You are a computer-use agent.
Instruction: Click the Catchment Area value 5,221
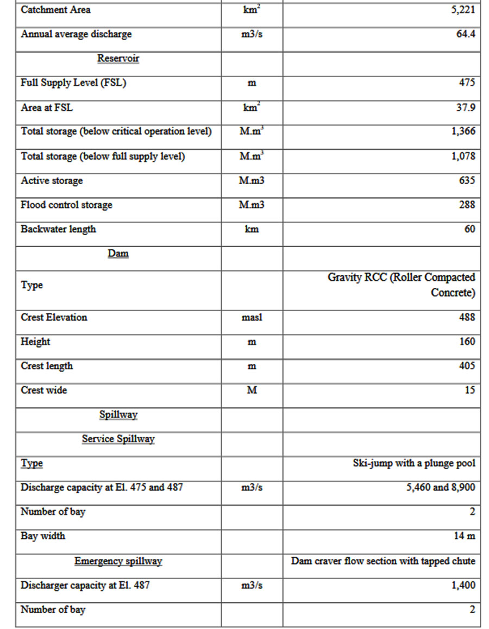(x=463, y=10)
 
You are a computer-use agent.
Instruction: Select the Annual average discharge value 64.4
(x=466, y=34)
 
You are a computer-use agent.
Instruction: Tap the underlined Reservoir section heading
(x=118, y=59)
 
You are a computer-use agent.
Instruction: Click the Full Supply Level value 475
(x=467, y=83)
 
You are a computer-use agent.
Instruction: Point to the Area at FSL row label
(x=47, y=108)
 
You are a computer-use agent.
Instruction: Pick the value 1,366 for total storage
(x=463, y=131)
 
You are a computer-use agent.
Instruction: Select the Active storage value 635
(x=467, y=180)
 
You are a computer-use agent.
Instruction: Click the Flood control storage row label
(x=67, y=205)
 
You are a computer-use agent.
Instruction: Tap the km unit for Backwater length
(x=252, y=229)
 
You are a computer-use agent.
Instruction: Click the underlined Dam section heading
(x=118, y=254)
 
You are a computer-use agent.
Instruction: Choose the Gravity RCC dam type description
(x=401, y=285)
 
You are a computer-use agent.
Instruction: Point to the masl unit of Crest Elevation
(x=252, y=317)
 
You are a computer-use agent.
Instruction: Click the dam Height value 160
(x=467, y=342)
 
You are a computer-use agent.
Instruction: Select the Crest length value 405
(x=467, y=366)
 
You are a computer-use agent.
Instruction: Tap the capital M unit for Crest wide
(x=252, y=391)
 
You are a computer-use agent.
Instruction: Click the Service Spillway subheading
(x=118, y=439)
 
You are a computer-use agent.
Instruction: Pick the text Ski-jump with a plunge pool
(x=414, y=463)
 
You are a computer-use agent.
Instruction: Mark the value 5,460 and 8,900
(x=441, y=487)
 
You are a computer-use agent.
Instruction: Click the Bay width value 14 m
(x=465, y=536)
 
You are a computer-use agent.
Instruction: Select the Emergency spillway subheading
(x=118, y=561)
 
